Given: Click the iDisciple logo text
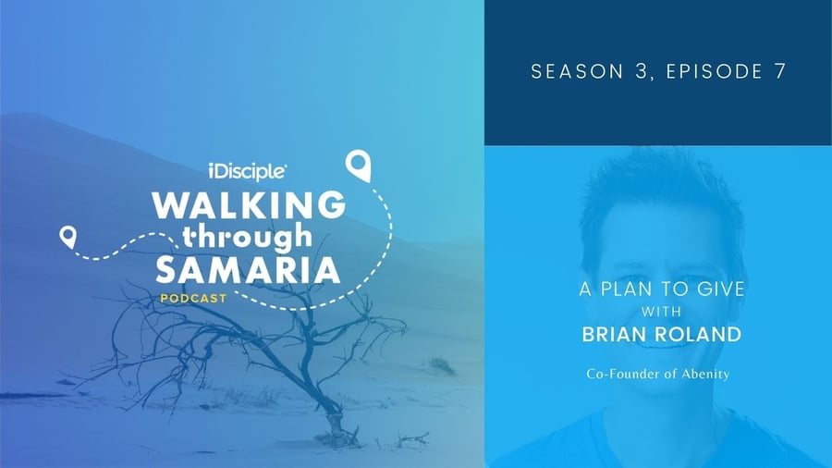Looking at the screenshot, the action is [248, 171].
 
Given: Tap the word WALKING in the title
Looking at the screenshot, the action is [249, 205].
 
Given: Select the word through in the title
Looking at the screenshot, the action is [247, 237].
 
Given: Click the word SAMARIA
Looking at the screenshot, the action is [248, 270].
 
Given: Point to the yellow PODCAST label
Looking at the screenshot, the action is [194, 299].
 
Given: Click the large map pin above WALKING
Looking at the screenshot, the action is [358, 166].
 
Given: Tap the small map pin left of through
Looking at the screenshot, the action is [67, 237].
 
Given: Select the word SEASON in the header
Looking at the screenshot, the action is [577, 71].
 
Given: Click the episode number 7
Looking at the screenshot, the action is [779, 71].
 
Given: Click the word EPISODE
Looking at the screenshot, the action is [715, 71].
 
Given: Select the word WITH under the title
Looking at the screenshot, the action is [661, 312].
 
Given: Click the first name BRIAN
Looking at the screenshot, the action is [614, 335].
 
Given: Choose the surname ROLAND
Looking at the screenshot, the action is [698, 335].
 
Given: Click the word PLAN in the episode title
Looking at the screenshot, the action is [623, 289].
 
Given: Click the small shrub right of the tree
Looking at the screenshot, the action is [442, 365].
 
